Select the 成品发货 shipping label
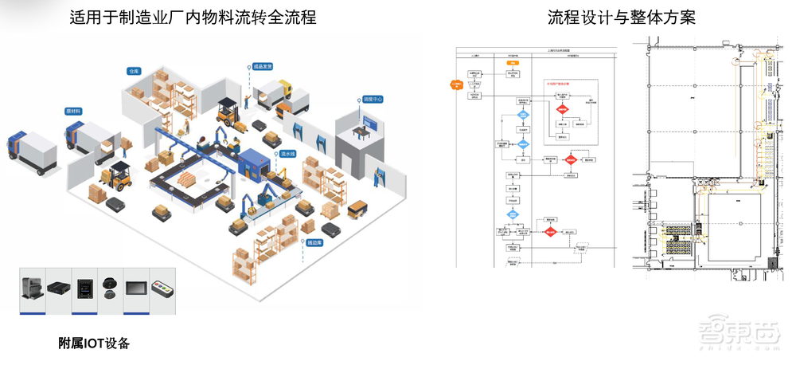pyautogui.click(x=263, y=67)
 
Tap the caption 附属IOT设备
pyautogui.click(x=93, y=343)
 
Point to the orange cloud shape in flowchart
pyautogui.click(x=457, y=82)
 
